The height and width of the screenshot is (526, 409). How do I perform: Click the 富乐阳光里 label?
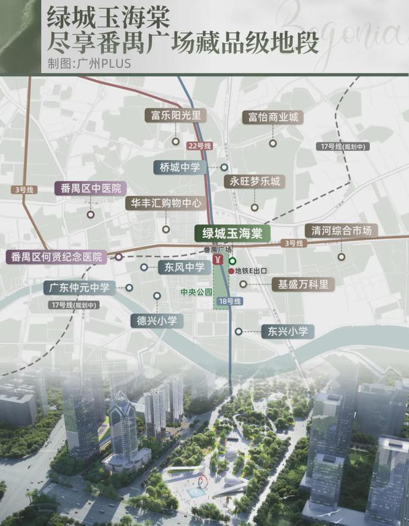175,116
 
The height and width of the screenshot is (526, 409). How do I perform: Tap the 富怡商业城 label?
273,118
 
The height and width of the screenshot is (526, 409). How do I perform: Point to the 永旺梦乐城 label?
255,182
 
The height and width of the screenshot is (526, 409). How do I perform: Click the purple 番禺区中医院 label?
90,189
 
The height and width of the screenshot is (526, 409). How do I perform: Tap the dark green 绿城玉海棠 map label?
229,233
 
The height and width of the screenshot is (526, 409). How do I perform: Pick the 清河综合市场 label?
341,231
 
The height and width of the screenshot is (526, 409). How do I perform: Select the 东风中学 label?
181,267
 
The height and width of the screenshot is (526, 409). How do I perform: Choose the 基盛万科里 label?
303,284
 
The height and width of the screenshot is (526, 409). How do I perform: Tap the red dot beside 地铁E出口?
231,271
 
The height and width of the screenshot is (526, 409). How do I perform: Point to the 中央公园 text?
196,291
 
